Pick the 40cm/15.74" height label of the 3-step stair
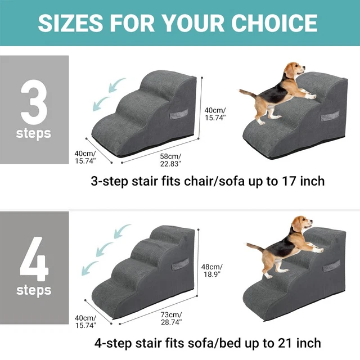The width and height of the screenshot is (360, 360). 215,114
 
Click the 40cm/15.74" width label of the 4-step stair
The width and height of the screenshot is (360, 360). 85,321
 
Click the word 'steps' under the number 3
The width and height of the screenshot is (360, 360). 34,134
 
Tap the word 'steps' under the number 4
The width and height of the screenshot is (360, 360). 34,290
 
